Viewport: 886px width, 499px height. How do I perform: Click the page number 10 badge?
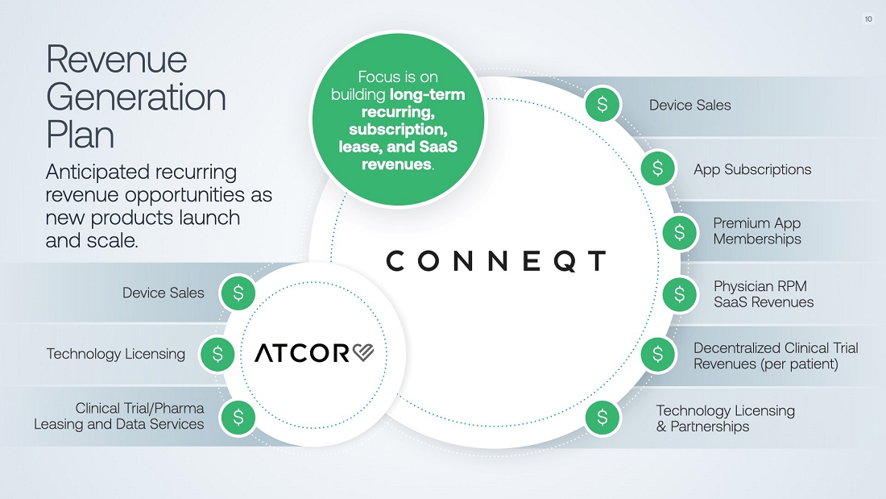868,19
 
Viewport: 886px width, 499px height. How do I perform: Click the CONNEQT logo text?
495,261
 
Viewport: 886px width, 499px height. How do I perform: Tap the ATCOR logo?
314,353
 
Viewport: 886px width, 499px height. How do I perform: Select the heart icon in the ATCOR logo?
363,353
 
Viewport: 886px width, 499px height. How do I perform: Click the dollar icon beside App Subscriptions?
658,168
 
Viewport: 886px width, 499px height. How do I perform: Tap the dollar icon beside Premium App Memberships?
680,231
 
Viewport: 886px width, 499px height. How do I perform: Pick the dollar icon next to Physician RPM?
680,294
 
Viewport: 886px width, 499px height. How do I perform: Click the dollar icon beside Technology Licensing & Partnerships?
602,418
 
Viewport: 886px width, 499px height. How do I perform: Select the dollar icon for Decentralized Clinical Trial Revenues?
658,354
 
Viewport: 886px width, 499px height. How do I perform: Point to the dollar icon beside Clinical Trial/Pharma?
238,416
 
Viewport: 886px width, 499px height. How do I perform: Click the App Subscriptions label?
752,169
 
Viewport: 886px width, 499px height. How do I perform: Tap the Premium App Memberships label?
757,231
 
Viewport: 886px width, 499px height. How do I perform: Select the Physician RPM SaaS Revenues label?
764,294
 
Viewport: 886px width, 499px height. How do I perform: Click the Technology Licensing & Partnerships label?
725,418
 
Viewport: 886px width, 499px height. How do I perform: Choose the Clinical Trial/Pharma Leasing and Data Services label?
119,416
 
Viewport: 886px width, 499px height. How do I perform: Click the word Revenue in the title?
117,60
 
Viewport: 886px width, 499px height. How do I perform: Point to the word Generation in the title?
136,97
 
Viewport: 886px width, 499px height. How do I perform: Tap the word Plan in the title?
80,134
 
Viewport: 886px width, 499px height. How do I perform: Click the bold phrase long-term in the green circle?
427,94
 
